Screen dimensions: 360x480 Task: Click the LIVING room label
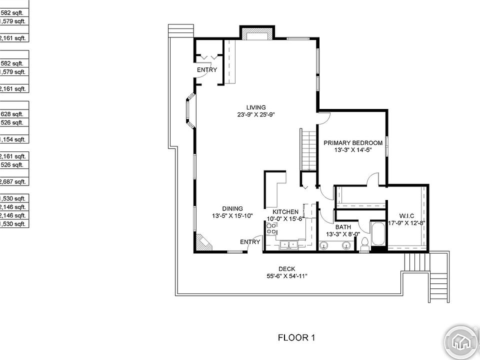tap(256, 107)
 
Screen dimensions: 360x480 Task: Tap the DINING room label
tap(232, 209)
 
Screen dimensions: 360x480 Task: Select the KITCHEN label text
tap(285, 212)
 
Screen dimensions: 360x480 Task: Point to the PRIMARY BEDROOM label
tap(353, 142)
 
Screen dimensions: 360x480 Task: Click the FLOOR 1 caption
tap(296, 337)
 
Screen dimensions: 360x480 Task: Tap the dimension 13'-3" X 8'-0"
tap(343, 234)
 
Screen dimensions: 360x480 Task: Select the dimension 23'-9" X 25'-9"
tap(256, 114)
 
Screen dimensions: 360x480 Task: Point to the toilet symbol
tap(364, 243)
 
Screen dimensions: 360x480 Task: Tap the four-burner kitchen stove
tap(271, 229)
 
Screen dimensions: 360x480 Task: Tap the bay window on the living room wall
tap(189, 111)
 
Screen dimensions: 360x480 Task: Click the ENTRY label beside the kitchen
tap(250, 242)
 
